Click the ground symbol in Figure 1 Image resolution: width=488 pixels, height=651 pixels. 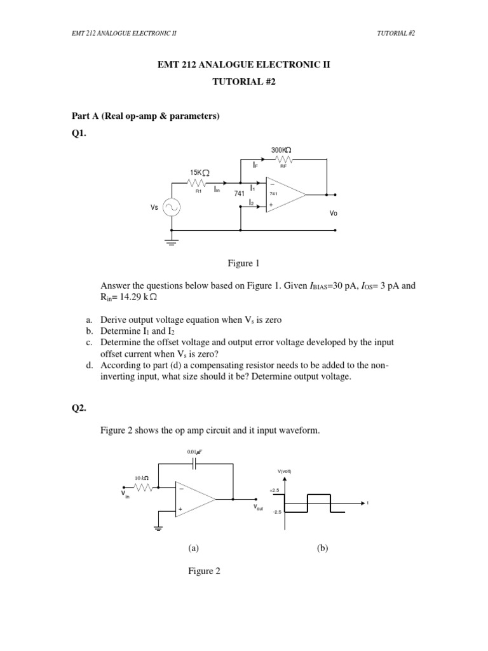tap(170, 241)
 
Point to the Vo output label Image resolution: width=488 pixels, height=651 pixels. tap(334, 214)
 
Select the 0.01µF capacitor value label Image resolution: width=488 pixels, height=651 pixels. tap(194, 452)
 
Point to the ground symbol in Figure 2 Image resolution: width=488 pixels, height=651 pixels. tap(158, 527)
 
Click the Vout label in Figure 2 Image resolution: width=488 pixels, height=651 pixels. tap(259, 508)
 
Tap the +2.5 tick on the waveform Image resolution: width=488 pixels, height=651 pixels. tap(274, 491)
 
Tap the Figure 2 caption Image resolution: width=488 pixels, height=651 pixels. tap(204, 571)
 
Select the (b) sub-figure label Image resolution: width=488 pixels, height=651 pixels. tap(322, 547)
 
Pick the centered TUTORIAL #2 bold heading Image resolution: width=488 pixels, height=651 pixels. tap(244, 82)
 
